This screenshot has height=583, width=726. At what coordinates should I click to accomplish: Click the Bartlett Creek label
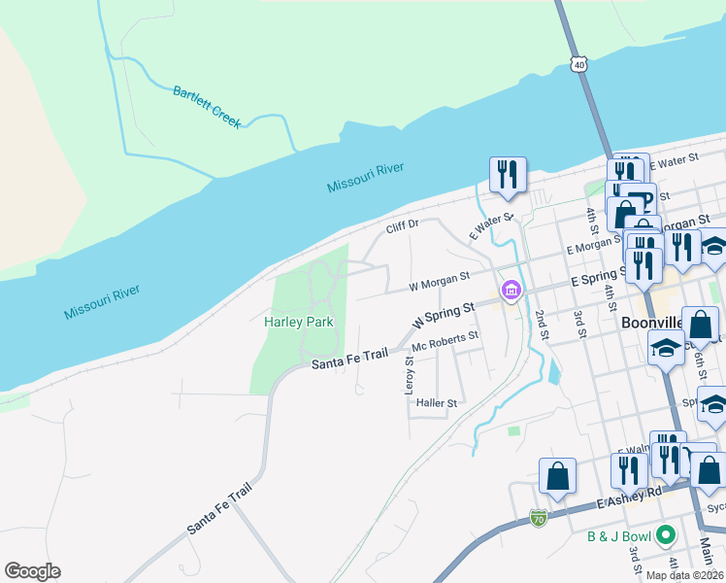pos(207,107)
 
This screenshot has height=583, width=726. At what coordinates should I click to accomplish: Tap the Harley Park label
pos(299,322)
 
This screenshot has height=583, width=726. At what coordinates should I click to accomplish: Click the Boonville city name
pos(651,321)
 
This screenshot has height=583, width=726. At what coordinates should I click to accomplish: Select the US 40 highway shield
pos(579,64)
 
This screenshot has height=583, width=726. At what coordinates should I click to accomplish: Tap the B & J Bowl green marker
pos(665,534)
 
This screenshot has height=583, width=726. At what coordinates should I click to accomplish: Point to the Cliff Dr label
pos(402,224)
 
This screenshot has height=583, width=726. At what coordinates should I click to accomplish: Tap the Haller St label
pos(436,402)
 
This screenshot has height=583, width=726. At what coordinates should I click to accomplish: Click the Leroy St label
pos(410,375)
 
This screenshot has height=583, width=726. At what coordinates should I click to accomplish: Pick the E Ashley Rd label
pos(629,497)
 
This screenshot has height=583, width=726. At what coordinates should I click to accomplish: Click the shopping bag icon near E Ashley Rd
pos(557,476)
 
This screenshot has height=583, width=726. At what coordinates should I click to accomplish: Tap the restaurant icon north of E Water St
pos(508,174)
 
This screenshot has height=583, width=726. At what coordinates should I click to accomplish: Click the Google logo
pos(32,571)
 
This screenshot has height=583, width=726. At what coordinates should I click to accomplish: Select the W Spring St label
pos(444,313)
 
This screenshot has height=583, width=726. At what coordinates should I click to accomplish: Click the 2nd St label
pos(541,326)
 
